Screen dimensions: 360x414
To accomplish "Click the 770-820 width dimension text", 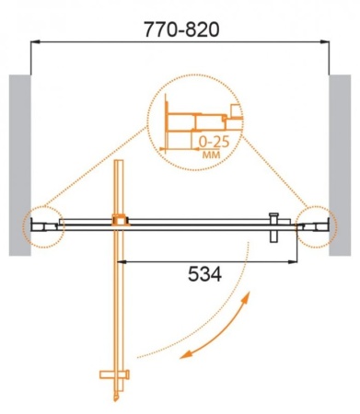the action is coord(181,29).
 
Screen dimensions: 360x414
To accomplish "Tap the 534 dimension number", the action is coord(204,274).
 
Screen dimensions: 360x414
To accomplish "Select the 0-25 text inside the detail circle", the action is coord(214,142).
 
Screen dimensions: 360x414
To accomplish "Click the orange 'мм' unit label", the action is coord(212,155).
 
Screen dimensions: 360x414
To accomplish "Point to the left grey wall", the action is coord(20,165).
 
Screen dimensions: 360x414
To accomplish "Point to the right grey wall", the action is coord(340,165).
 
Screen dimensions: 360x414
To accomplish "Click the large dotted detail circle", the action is coord(148,122).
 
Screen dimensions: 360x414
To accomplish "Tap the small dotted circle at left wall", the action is coord(23,227).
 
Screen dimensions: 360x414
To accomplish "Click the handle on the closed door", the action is coord(273,227).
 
